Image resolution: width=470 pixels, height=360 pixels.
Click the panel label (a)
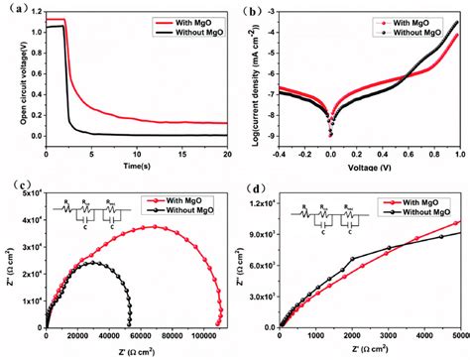pos(13,11)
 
